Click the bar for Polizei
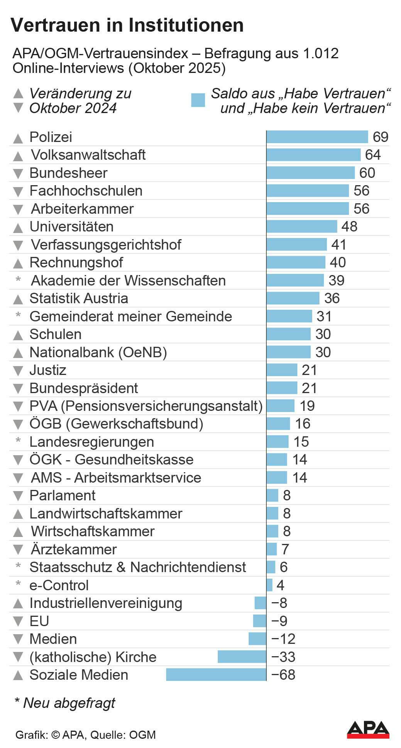pyautogui.click(x=317, y=137)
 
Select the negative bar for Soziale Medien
pyautogui.click(x=216, y=675)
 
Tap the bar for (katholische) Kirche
pyautogui.click(x=242, y=657)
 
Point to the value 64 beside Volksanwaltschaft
pyautogui.click(x=373, y=155)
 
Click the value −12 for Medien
pyautogui.click(x=283, y=639)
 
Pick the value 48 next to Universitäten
pyautogui.click(x=349, y=226)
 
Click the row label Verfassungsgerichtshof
pyautogui.click(x=106, y=245)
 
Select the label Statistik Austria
pyautogui.click(x=79, y=298)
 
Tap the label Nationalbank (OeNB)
pyautogui.click(x=98, y=352)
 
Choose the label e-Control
pyautogui.click(x=59, y=585)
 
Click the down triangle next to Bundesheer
pyautogui.click(x=18, y=173)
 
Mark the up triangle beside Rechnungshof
pyautogui.click(x=18, y=263)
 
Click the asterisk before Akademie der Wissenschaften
pyautogui.click(x=18, y=279)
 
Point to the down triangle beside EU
pyautogui.click(x=18, y=621)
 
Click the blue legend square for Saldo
pyautogui.click(x=198, y=100)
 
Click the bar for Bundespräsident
pyautogui.click(x=282, y=388)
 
